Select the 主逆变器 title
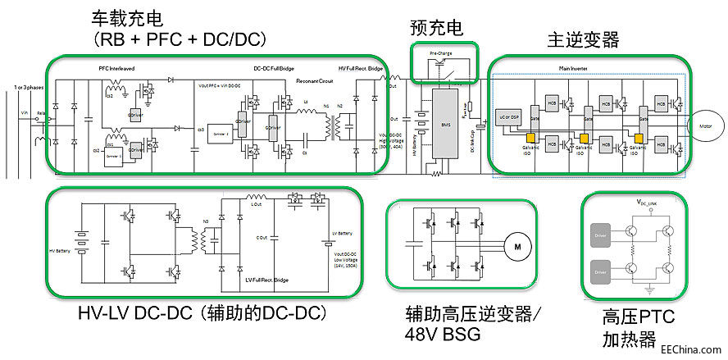583,39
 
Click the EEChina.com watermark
695,347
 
